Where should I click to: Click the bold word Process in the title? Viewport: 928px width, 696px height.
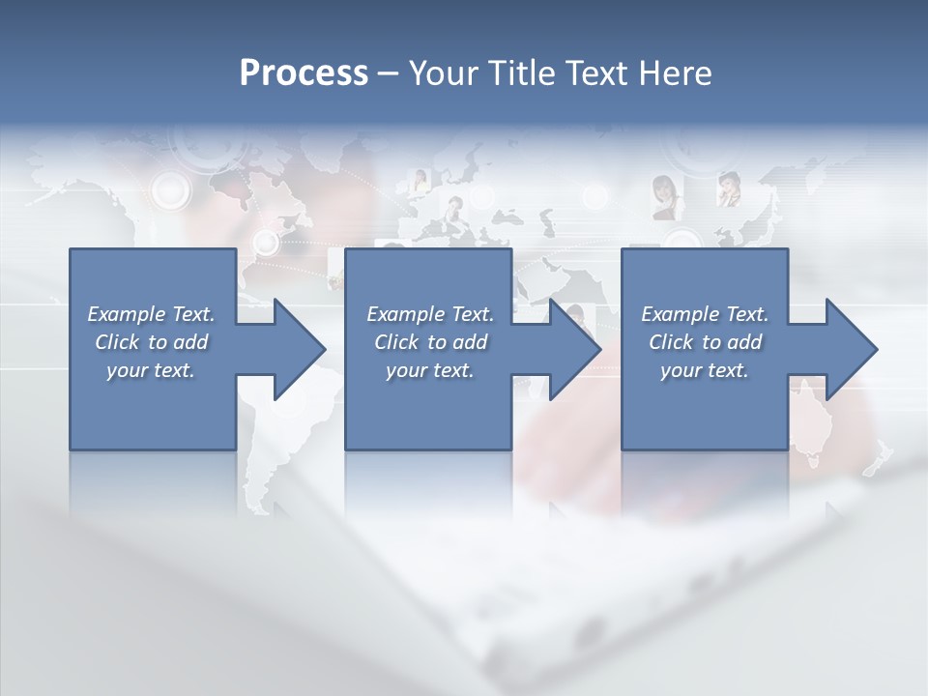[304, 73]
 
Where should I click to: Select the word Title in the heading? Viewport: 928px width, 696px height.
[525, 73]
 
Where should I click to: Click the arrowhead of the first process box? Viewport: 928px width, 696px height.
[300, 349]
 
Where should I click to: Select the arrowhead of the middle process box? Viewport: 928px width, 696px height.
[575, 349]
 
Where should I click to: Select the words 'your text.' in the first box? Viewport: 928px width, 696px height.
[151, 370]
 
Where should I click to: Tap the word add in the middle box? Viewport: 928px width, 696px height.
[470, 342]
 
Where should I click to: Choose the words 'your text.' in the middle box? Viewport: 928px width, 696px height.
[429, 370]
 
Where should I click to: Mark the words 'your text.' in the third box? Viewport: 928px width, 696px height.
[705, 370]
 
